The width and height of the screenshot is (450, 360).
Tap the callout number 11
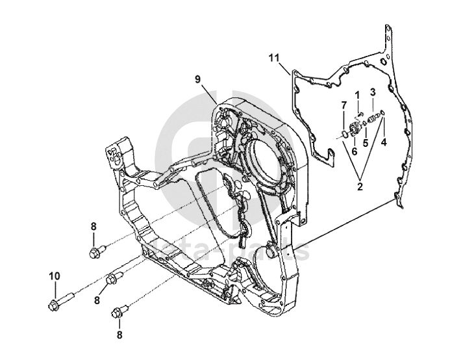click(x=274, y=58)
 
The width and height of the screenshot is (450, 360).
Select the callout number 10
click(x=54, y=276)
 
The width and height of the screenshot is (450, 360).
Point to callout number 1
click(x=357, y=95)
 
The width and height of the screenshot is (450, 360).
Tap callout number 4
click(x=383, y=141)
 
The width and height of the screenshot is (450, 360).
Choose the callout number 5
click(x=365, y=141)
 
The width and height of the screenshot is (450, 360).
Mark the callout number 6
click(x=355, y=151)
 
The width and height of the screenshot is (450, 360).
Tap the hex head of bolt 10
click(x=52, y=304)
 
